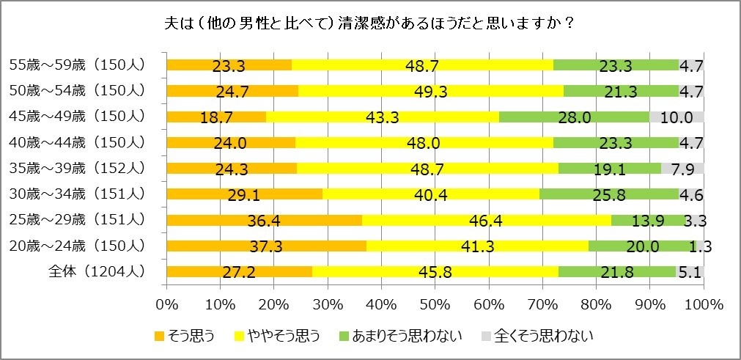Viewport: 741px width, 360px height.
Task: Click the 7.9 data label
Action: [688, 169]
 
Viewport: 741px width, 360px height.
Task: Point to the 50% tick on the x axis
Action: [435, 304]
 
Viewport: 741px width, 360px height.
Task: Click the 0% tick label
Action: [167, 304]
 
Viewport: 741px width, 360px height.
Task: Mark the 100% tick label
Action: [703, 304]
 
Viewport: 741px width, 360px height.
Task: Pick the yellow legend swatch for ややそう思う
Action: [239, 337]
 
